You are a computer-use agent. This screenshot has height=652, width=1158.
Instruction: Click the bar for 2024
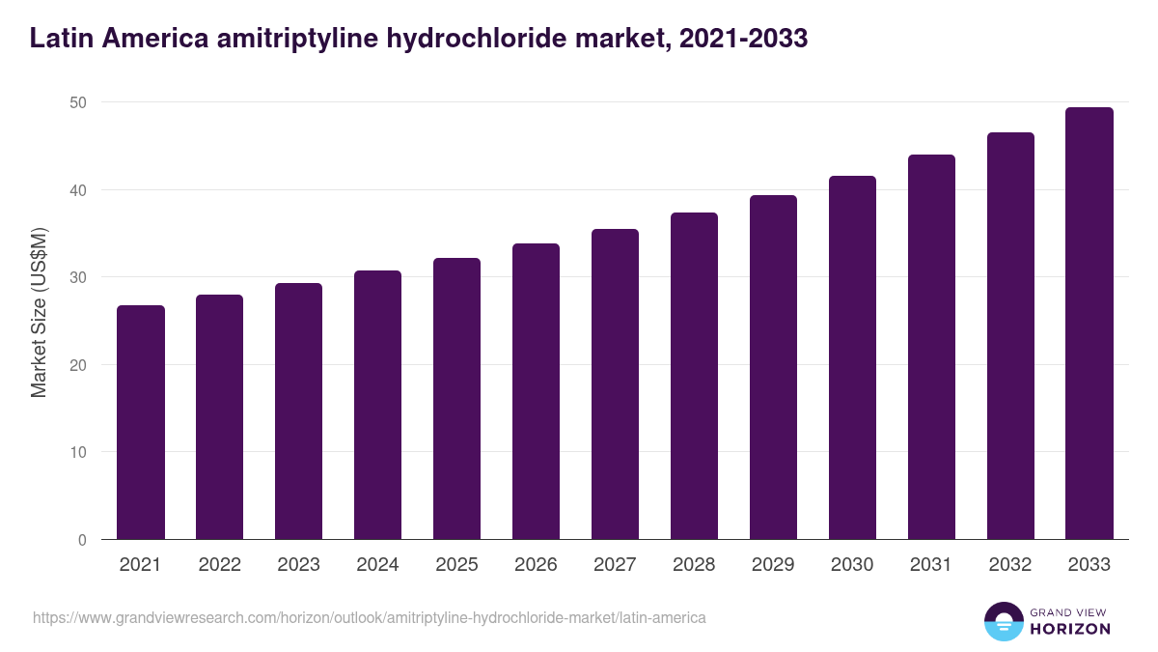pyautogui.click(x=377, y=405)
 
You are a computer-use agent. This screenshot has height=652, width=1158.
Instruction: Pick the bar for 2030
pyautogui.click(x=852, y=357)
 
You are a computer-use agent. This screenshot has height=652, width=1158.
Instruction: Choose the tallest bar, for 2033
pyautogui.click(x=1089, y=324)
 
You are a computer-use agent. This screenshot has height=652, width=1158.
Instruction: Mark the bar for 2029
pyautogui.click(x=773, y=367)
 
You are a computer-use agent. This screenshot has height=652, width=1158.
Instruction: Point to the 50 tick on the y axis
pyautogui.click(x=77, y=102)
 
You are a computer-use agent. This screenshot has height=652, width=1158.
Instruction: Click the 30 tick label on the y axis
pyautogui.click(x=77, y=277)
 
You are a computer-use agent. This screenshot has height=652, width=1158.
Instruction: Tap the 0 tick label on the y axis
pyautogui.click(x=82, y=540)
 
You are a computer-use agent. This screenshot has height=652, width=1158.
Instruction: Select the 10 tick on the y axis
pyautogui.click(x=77, y=452)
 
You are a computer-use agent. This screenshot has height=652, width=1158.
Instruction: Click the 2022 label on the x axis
pyautogui.click(x=219, y=565)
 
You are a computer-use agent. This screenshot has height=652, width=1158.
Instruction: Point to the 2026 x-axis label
pyautogui.click(x=536, y=565)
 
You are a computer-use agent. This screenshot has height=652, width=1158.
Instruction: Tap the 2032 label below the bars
pyautogui.click(x=1010, y=565)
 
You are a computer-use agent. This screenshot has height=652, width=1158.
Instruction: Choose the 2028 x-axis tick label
pyautogui.click(x=694, y=565)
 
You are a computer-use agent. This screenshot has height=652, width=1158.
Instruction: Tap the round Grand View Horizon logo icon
pyautogui.click(x=1004, y=621)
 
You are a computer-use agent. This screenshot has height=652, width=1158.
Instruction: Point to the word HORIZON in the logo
pyautogui.click(x=1069, y=629)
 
